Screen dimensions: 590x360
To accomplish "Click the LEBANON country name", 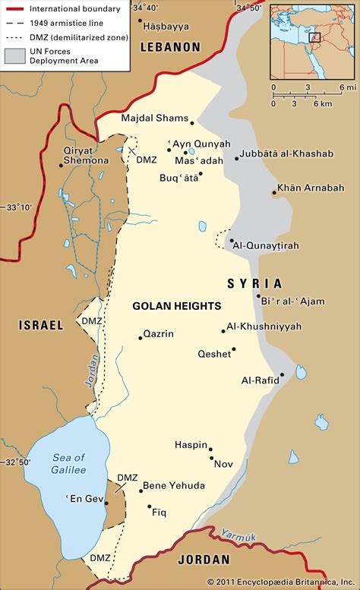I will coord(170,47).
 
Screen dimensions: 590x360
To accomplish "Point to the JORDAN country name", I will coord(203,560).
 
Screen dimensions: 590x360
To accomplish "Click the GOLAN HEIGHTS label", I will coord(176,306).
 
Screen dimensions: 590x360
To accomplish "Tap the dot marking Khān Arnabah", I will coord(274,194).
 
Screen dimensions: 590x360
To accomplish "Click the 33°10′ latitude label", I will coord(18,207).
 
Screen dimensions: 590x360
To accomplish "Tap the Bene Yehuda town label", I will coord(174,484).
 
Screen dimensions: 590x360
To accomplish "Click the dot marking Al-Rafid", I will coord(282,374).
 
